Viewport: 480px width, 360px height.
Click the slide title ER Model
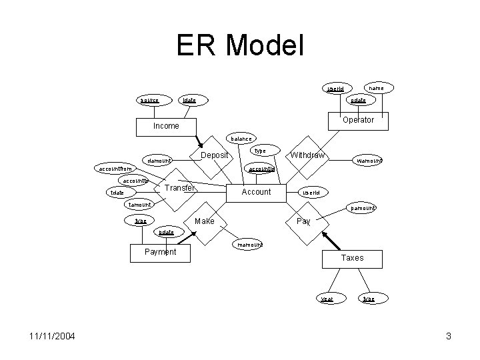coord(240,46)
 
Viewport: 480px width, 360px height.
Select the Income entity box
coord(165,126)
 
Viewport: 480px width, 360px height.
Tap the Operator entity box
coord(357,121)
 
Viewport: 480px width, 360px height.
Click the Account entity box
coord(256,192)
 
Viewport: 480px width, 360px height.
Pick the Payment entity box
coord(160,252)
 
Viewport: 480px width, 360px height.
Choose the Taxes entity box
coord(352,258)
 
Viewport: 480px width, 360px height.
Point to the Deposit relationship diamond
coord(215,156)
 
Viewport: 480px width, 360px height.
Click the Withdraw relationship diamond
coord(307,156)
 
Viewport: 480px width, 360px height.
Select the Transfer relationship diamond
coord(179,189)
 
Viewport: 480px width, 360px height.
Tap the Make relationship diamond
coord(205,221)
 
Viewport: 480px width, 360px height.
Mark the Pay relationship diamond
coord(303,221)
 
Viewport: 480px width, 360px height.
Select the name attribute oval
coord(377,87)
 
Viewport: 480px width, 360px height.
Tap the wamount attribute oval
coord(369,161)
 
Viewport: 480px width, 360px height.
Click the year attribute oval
coord(327,299)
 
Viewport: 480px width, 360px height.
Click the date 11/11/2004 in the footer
coord(51,336)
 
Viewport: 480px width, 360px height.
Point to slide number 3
coord(449,336)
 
